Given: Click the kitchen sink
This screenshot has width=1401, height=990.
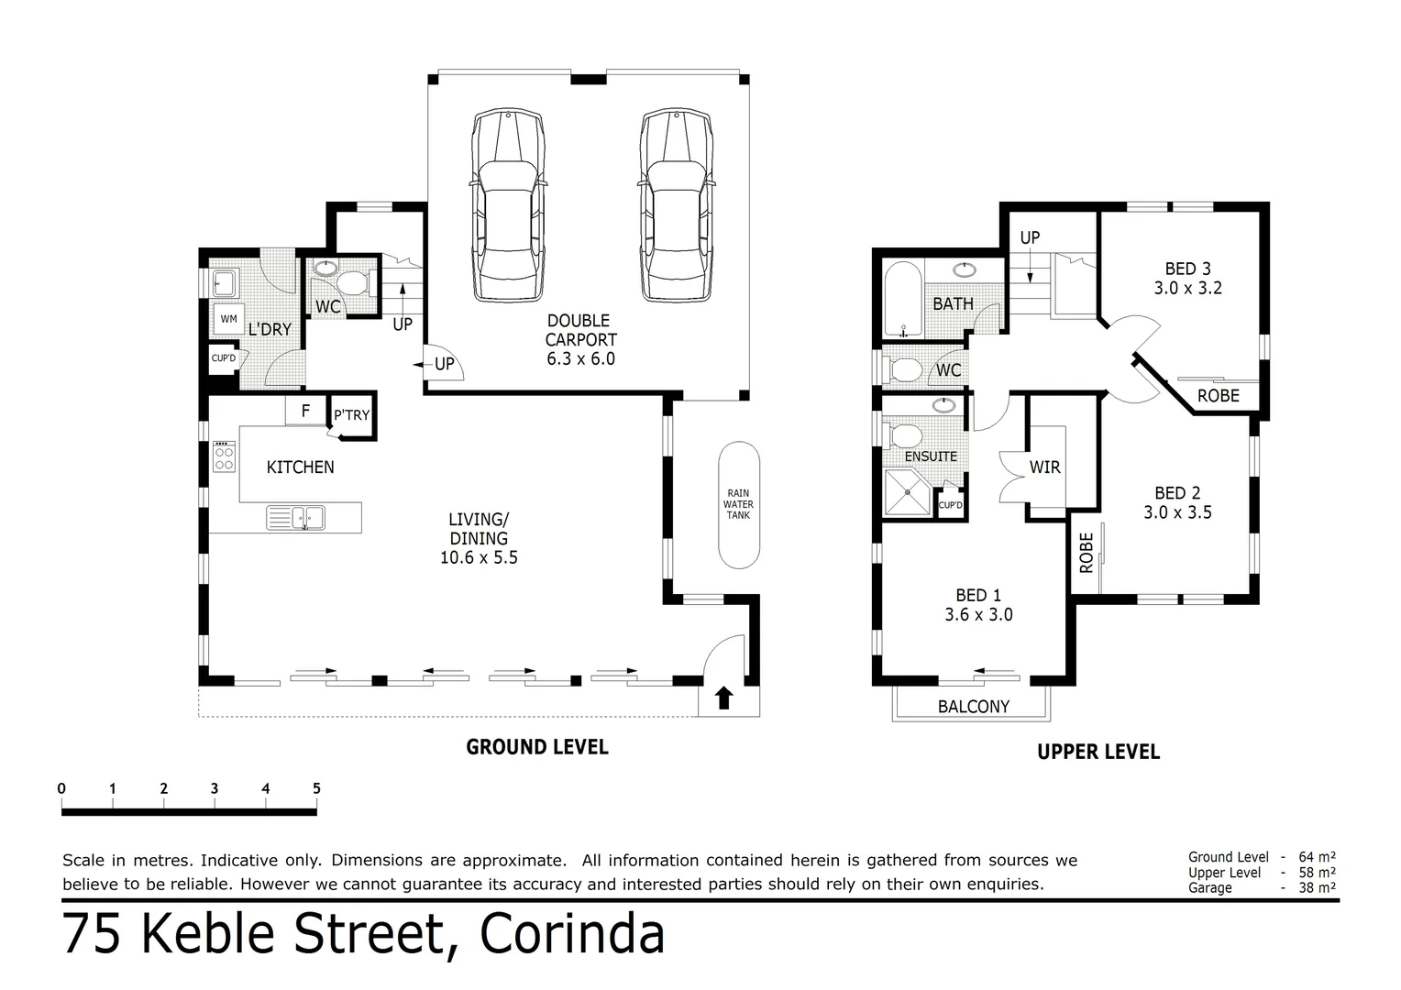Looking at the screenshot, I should click(x=296, y=518).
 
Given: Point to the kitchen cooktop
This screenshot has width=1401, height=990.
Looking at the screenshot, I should click(x=224, y=456).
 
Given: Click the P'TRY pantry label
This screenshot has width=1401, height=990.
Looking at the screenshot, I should click(x=351, y=415).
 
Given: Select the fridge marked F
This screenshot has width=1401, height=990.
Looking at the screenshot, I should click(x=306, y=412).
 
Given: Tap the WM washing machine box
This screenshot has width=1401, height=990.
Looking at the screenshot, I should click(x=228, y=319).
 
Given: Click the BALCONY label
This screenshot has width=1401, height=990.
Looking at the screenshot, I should click(x=973, y=707).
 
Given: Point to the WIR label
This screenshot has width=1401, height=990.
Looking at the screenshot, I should click(x=1044, y=467).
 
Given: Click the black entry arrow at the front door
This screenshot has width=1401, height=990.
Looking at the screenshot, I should click(x=723, y=698).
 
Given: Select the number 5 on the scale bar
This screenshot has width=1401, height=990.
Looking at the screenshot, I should click(x=316, y=788).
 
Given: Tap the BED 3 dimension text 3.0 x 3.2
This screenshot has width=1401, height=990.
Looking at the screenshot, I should click(x=1187, y=288).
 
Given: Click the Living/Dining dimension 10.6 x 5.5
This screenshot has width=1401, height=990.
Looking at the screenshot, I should click(x=479, y=557).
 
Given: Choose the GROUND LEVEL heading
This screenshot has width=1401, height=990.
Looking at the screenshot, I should click(x=536, y=747).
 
